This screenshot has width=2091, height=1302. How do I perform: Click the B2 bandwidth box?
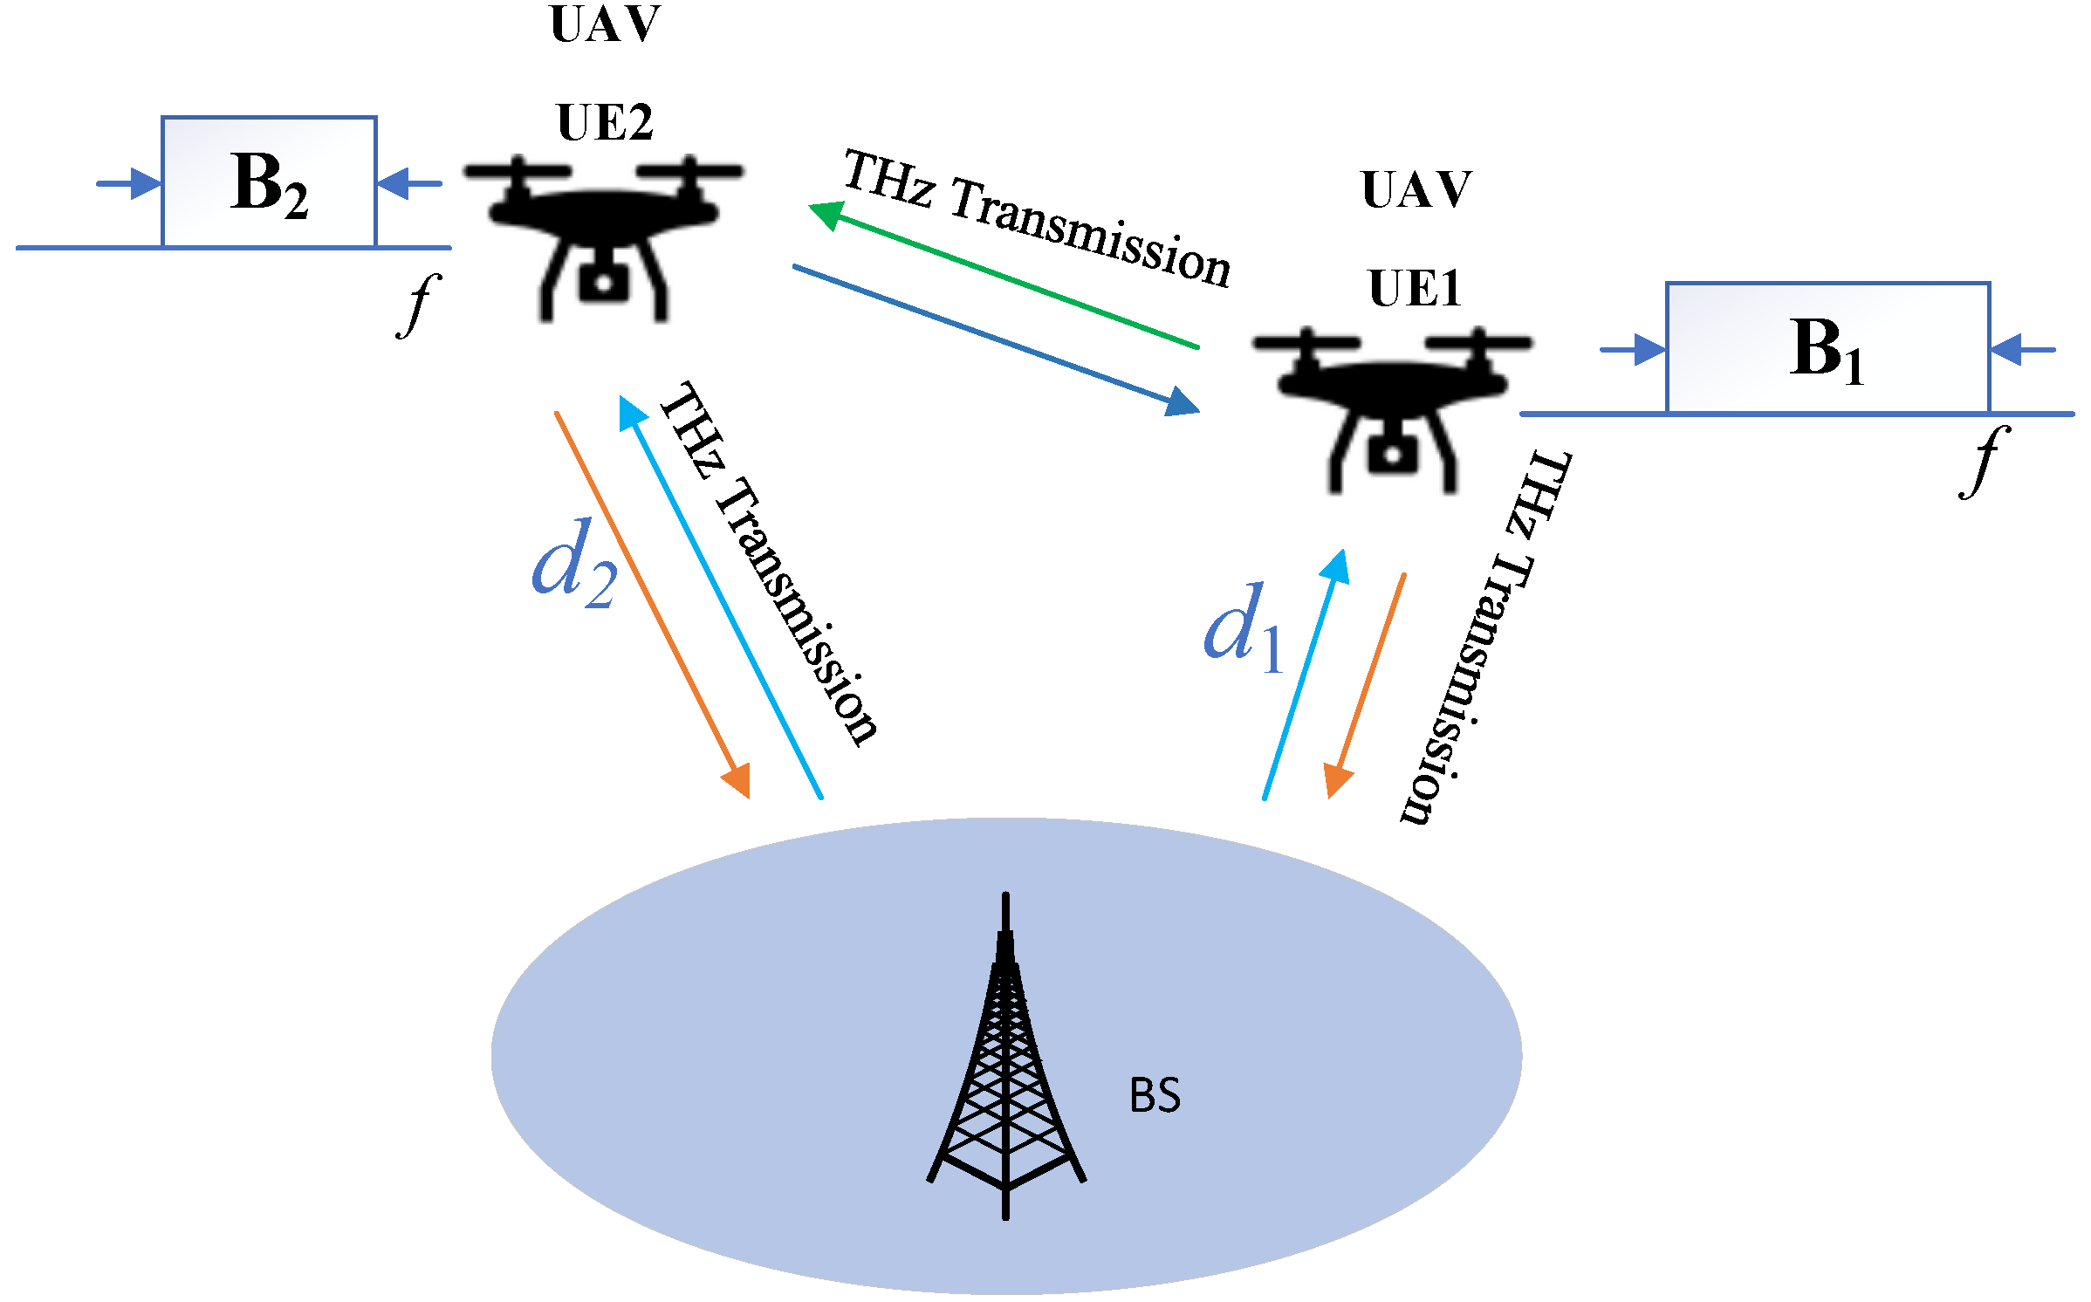click(x=269, y=182)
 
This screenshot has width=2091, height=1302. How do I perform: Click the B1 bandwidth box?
click(x=1827, y=347)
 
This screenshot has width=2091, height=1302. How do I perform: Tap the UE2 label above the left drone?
click(x=605, y=122)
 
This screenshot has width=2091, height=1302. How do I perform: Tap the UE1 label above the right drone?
click(x=1415, y=289)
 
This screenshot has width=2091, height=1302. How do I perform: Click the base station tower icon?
click(x=1006, y=1065)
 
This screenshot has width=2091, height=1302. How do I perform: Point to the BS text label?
click(x=1155, y=1095)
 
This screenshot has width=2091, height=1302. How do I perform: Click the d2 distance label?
click(x=573, y=563)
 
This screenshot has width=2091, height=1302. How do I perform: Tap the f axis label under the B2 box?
click(x=420, y=305)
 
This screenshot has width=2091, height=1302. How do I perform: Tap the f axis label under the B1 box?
click(x=1985, y=462)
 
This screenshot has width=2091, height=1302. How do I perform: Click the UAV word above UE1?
click(x=1416, y=189)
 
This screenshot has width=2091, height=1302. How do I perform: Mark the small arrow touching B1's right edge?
click(x=2022, y=350)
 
